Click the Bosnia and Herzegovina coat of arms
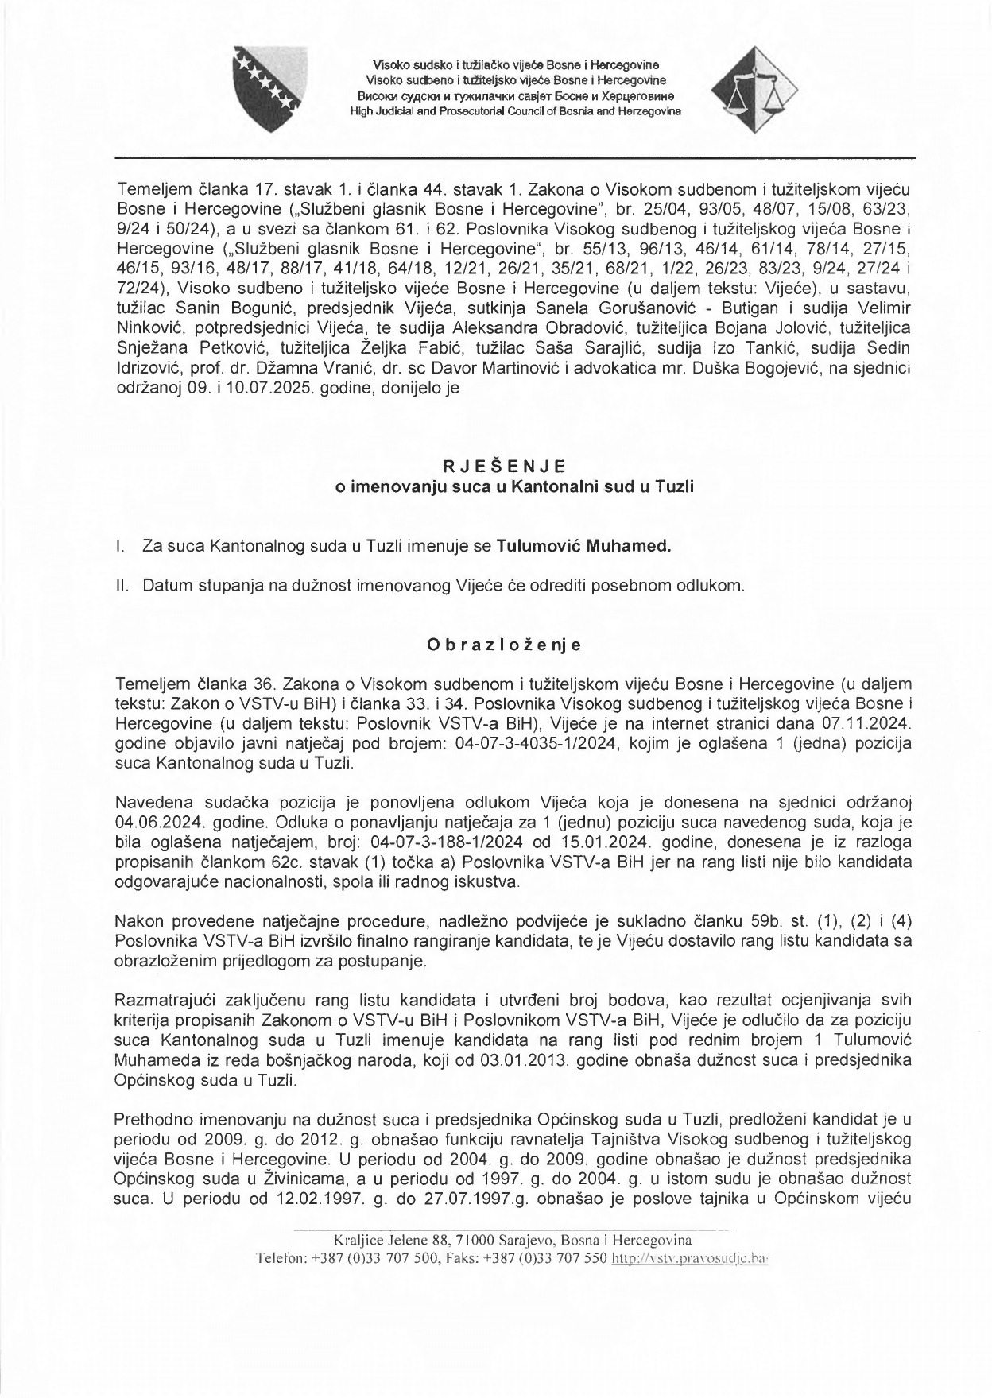point(265,88)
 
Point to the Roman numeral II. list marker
point(121,587)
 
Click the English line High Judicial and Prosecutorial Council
point(515,112)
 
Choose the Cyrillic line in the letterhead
point(515,96)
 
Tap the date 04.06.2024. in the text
point(150,820)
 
